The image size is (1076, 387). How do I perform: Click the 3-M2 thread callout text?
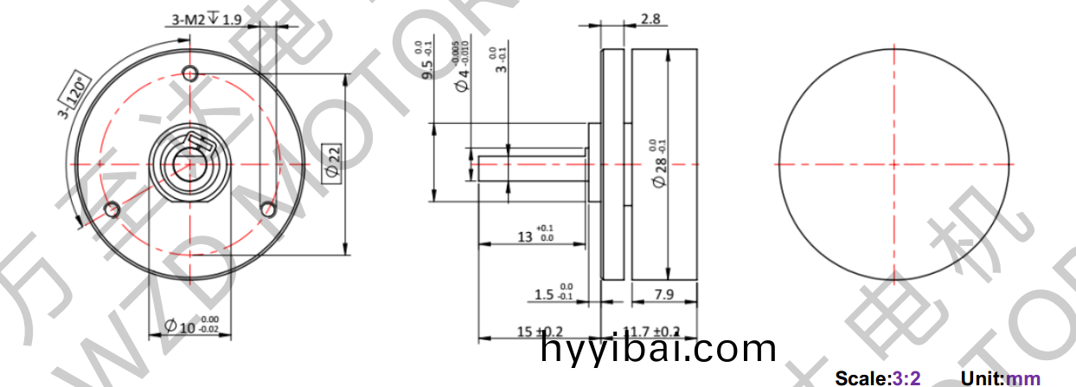(208, 19)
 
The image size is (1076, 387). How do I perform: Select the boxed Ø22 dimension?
(334, 164)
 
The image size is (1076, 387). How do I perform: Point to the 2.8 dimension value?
(649, 19)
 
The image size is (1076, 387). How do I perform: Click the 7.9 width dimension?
(664, 294)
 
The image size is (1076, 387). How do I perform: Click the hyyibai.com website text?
(657, 349)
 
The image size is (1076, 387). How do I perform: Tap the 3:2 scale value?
(906, 378)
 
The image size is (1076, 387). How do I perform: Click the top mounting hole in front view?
(191, 70)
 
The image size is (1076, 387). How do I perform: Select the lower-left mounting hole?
(110, 210)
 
